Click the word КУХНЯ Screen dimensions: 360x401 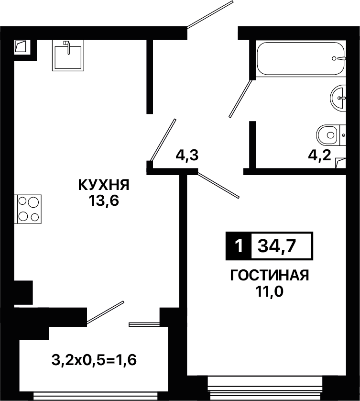coord(104,185)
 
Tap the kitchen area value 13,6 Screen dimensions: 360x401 coord(104,201)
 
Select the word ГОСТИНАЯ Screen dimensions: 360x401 coord(270,275)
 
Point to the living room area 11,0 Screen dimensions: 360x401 coord(270,291)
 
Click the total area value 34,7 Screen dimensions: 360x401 coord(277,246)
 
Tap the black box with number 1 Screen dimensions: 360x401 coord(239,246)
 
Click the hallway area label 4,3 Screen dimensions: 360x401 coord(187,155)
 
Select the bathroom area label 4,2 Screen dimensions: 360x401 coord(320,155)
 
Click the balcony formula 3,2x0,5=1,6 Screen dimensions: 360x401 coord(94,360)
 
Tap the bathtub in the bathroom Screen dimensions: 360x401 coord(301,58)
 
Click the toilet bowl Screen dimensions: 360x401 coord(331,135)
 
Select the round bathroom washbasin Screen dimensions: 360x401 coord(338,98)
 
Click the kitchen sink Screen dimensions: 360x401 coord(68,56)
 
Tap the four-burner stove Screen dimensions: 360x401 coord(28,209)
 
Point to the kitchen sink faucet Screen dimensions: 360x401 coord(67,47)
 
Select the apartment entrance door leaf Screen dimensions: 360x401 coord(210,14)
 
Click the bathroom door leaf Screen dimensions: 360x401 coord(240,99)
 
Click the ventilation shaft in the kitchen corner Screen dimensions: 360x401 coord(21,46)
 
